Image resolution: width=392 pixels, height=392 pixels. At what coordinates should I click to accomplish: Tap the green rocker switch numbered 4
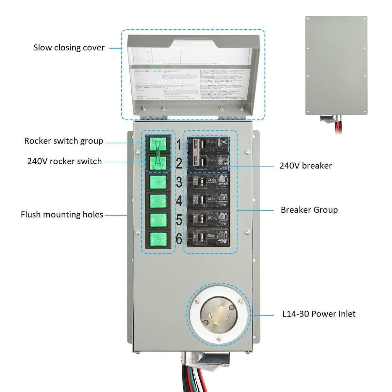(158, 201)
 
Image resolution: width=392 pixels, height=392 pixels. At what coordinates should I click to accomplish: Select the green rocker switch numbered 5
(158, 220)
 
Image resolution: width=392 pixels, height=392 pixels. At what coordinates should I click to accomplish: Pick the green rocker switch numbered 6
(158, 239)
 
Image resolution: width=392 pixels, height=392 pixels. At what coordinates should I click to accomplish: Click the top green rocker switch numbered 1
(158, 144)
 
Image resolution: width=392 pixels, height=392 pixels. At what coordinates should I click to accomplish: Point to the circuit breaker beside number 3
(208, 181)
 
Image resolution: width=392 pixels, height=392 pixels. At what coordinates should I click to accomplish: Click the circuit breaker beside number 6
(208, 238)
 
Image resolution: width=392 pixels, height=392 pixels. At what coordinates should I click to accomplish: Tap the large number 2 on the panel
(179, 163)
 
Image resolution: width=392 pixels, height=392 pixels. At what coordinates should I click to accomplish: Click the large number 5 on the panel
(179, 220)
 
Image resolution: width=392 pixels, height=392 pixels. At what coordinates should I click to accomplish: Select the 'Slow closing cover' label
(69, 48)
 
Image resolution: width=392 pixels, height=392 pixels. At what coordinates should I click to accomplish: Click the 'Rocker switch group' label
(64, 141)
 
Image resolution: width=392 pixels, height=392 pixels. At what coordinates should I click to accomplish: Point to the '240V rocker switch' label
(64, 161)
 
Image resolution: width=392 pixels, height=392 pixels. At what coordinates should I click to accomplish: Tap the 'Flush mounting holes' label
(62, 215)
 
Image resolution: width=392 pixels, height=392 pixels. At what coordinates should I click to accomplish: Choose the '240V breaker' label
(305, 166)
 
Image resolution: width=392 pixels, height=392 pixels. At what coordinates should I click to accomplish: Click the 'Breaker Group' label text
(309, 210)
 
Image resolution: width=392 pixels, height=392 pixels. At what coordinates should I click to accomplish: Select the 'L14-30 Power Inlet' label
(319, 314)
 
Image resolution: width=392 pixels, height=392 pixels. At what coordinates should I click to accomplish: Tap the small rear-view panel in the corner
(336, 65)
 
